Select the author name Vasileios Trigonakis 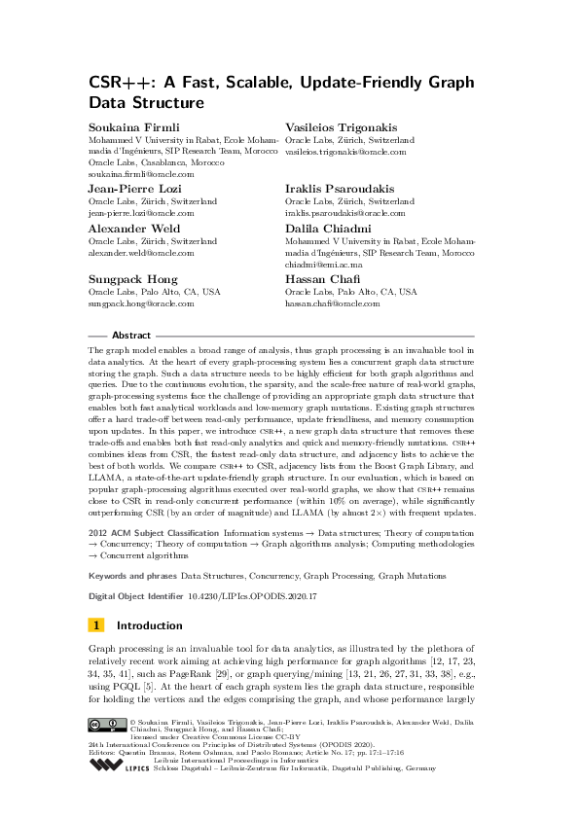pos(341,127)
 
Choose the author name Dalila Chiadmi pos(326,229)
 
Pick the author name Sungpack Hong pos(127,278)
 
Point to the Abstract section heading pos(131,334)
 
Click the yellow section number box pos(96,625)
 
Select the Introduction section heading pos(149,625)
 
